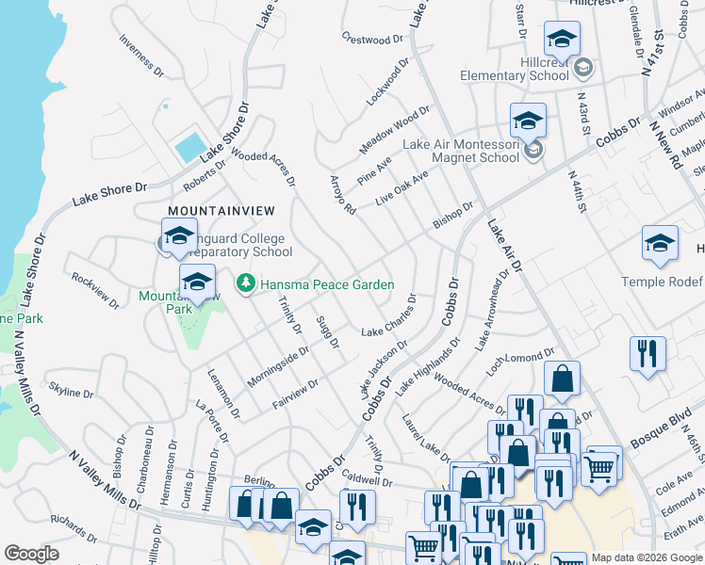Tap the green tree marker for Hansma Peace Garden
[246, 282]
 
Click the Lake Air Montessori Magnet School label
[461, 151]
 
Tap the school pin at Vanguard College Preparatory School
[179, 237]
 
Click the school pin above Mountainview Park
[197, 282]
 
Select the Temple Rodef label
[663, 282]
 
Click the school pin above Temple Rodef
[660, 243]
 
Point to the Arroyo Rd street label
[342, 195]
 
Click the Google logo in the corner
[32, 554]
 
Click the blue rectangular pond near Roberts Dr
[189, 146]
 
